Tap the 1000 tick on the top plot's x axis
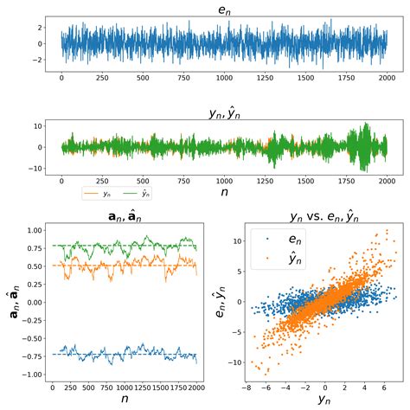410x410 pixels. point(224,77)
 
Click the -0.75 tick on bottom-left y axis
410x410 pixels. point(34,354)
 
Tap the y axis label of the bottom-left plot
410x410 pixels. point(12,303)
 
